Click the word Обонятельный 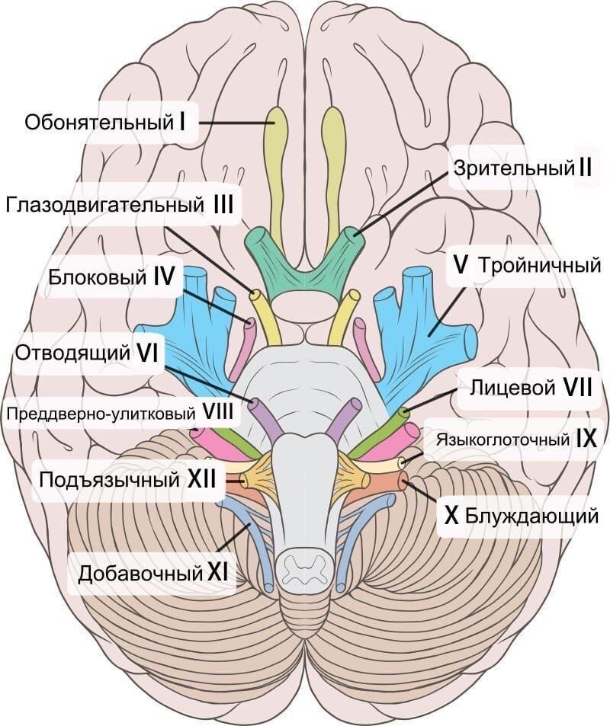tap(95, 121)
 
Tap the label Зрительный tap(512, 167)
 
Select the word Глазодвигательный tap(104, 205)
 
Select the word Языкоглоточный tap(502, 440)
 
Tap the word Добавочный tap(140, 570)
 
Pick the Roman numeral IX tap(586, 439)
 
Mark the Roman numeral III tap(223, 205)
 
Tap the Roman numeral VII tap(579, 387)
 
